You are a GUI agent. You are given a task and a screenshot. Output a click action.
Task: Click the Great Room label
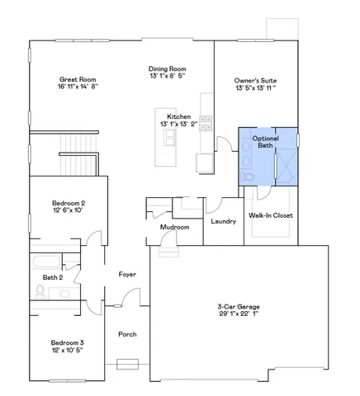pyautogui.click(x=78, y=78)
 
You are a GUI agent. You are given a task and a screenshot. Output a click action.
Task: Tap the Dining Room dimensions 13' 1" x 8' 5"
pyautogui.click(x=167, y=76)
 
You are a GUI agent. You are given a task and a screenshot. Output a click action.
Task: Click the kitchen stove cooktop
pyautogui.click(x=207, y=125)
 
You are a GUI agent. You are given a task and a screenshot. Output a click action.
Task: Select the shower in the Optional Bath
pyautogui.click(x=286, y=168)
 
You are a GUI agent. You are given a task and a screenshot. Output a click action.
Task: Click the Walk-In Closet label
pyautogui.click(x=271, y=215)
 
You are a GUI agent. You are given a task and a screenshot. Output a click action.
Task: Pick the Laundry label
pyautogui.click(x=224, y=221)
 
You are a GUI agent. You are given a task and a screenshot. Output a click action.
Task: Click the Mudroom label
pyautogui.click(x=175, y=227)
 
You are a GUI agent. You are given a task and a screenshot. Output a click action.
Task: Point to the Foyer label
pyautogui.click(x=127, y=274)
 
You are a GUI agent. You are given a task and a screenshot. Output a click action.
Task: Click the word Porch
pyautogui.click(x=127, y=334)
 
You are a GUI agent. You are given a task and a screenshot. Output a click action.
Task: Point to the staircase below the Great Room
pyautogui.click(x=79, y=158)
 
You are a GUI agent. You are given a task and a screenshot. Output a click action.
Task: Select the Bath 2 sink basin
pyautogui.click(x=70, y=292)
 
